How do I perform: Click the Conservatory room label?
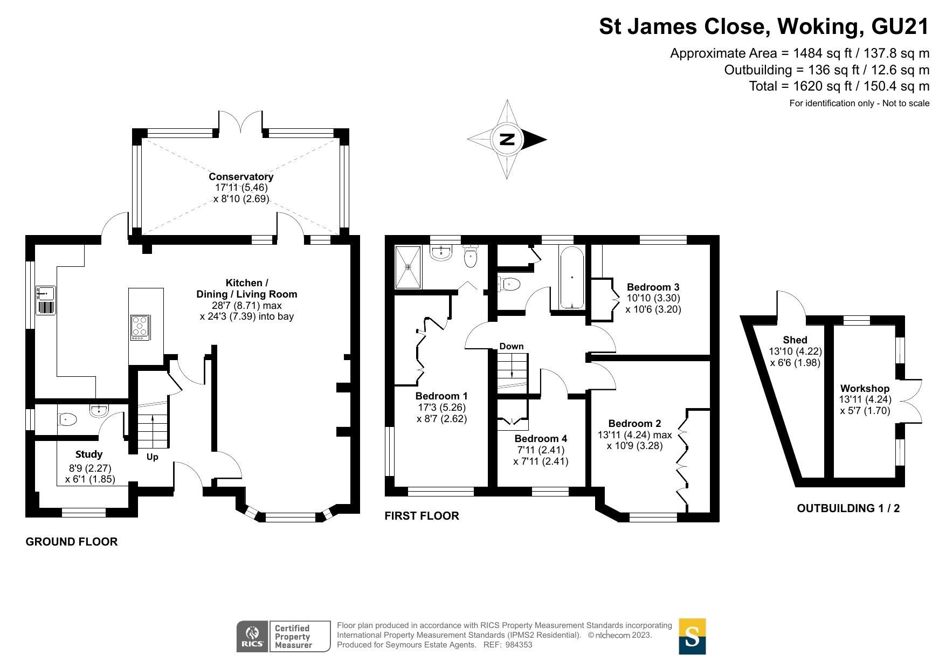[241, 176]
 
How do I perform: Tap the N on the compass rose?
[507, 139]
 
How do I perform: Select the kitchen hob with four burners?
[141, 327]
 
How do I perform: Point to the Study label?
[89, 454]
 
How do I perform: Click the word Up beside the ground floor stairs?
[153, 457]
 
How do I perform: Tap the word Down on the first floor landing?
[511, 346]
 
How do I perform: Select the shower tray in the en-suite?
[408, 267]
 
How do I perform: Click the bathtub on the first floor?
[572, 278]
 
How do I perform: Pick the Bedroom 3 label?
[653, 287]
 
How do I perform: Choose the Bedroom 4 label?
[541, 438]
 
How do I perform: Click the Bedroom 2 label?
[634, 423]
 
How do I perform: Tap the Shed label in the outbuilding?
[795, 340]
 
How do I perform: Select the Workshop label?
[865, 388]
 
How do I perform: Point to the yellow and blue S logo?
[692, 636]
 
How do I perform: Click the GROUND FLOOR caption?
[72, 542]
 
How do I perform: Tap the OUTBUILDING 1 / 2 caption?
[848, 508]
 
